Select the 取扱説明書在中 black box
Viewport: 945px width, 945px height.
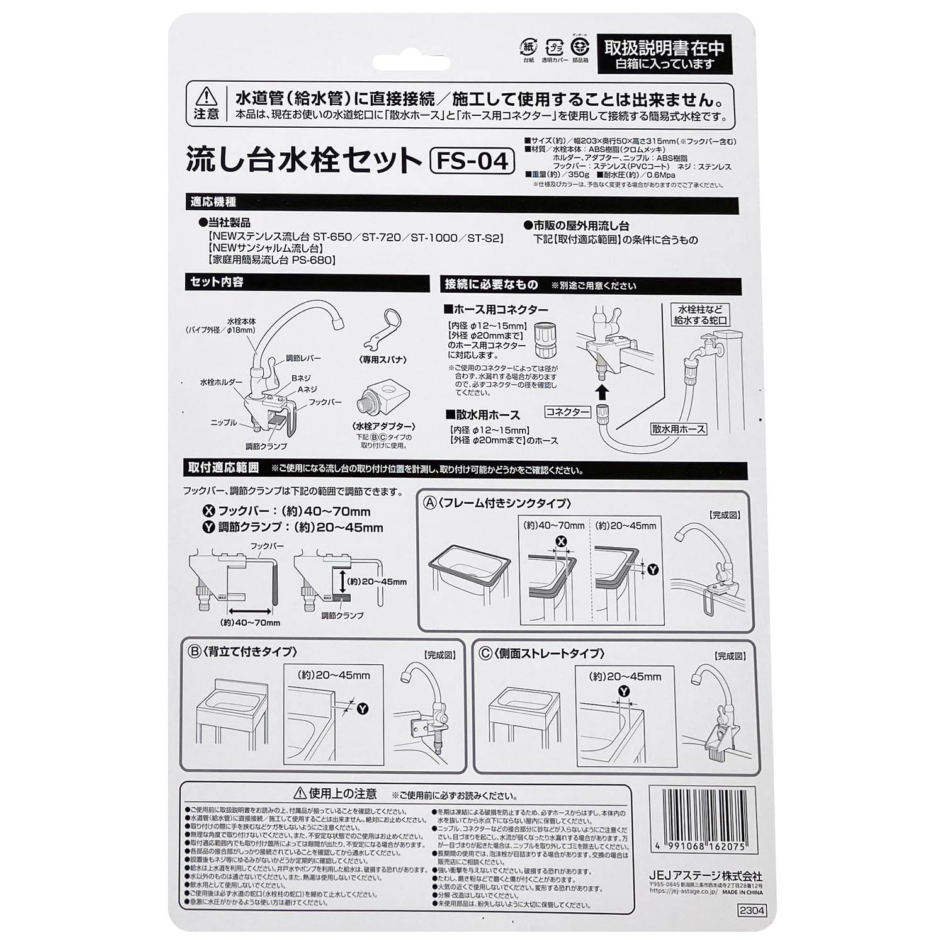pyautogui.click(x=664, y=53)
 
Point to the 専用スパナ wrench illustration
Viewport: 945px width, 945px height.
pyautogui.click(x=382, y=329)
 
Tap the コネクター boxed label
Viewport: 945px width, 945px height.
pyautogui.click(x=567, y=412)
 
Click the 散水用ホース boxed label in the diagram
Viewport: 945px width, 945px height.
pyautogui.click(x=679, y=429)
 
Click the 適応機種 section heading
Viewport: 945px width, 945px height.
pyautogui.click(x=213, y=202)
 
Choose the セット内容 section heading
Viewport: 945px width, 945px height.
pyautogui.click(x=217, y=282)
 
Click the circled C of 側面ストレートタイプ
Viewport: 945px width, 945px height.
pyautogui.click(x=485, y=653)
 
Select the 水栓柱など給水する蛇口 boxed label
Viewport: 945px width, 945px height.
pyautogui.click(x=701, y=315)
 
